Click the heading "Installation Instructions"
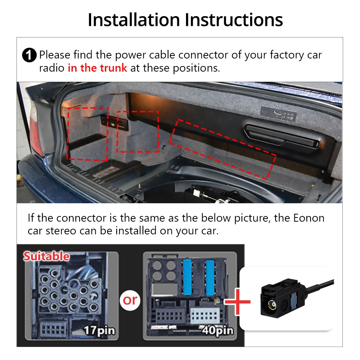click(x=185, y=20)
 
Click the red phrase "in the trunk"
click(x=97, y=68)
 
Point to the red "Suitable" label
click(x=46, y=256)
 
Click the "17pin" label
click(x=99, y=331)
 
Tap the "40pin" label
click(x=217, y=331)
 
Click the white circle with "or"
click(x=130, y=300)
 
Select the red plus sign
click(x=237, y=301)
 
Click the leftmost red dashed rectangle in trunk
click(x=87, y=133)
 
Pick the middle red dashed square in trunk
click(x=138, y=131)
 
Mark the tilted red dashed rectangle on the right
click(x=222, y=148)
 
